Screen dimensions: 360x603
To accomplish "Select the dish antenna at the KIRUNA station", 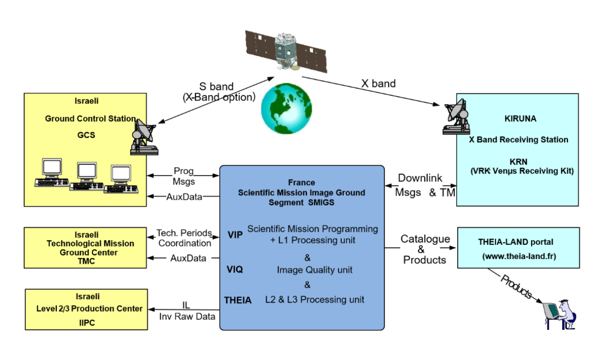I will [x=456, y=117].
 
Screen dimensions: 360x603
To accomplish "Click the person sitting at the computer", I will [x=560, y=314].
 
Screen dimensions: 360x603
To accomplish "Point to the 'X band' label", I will [x=378, y=83].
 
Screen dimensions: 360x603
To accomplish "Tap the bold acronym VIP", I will [x=235, y=234].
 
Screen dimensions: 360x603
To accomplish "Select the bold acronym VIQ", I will [x=235, y=270].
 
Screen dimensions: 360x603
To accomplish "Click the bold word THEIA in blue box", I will [x=238, y=300].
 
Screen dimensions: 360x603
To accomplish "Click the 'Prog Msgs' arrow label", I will [x=183, y=176].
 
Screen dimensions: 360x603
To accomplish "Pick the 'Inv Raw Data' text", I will [x=186, y=316].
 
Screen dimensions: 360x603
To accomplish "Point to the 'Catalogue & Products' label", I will [x=425, y=249].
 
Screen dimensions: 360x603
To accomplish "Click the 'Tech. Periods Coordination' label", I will [x=184, y=238].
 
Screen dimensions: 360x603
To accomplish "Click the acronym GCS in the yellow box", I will [x=85, y=135].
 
